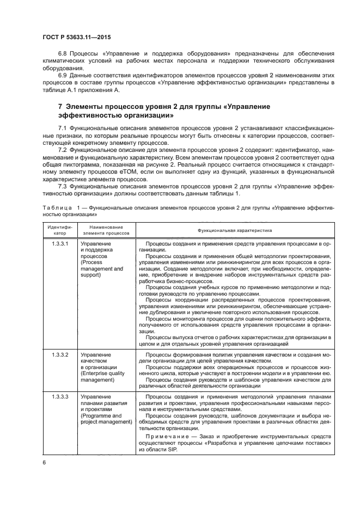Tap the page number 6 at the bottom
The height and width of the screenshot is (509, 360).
[44, 462]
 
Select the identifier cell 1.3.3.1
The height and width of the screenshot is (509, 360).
[60, 243]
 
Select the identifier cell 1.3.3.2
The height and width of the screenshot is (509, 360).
[60, 354]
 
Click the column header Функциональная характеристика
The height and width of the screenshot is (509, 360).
[235, 231]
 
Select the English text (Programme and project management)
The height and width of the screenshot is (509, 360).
[106, 419]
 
